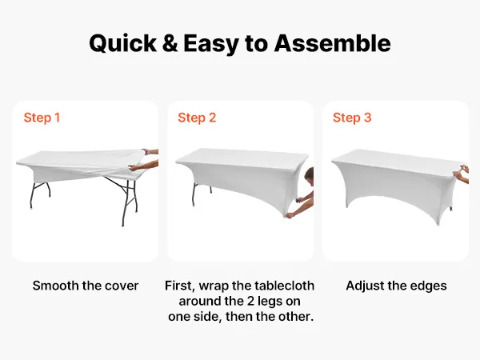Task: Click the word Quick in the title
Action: click(x=123, y=43)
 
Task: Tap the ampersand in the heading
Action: click(x=170, y=43)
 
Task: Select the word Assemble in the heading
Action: click(x=332, y=43)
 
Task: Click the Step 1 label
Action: click(x=42, y=118)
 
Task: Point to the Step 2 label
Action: click(x=197, y=118)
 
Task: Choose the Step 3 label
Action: click(x=352, y=118)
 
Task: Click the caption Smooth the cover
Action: click(x=86, y=286)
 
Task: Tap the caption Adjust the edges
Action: click(x=396, y=286)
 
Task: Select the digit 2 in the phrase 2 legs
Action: click(x=250, y=301)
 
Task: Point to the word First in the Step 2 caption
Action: click(x=179, y=286)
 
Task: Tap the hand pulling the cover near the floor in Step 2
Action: click(x=290, y=215)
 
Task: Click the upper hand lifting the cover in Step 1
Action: click(x=146, y=151)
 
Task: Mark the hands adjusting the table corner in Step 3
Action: click(x=462, y=174)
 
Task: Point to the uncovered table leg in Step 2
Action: click(x=194, y=194)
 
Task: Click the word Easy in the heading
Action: click(x=211, y=44)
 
